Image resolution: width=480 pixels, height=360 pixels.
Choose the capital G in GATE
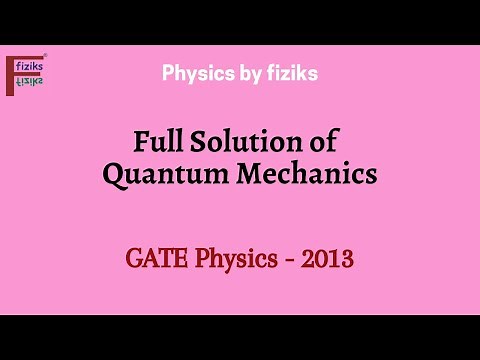(134, 261)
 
